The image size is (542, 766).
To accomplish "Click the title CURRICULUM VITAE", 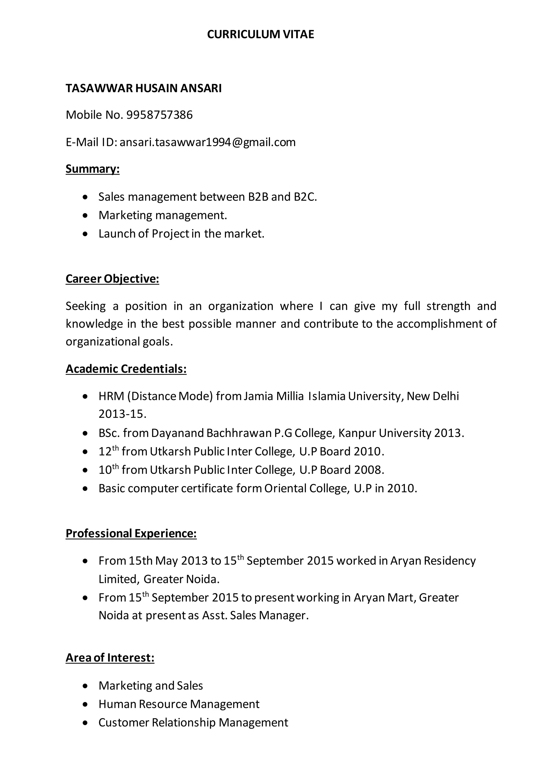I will point(260,34).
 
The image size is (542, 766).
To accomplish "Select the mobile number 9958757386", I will point(160,115).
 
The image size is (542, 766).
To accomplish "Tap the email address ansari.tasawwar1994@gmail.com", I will point(207,143).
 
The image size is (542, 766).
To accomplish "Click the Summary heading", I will point(92,169).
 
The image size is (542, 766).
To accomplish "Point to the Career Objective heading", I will point(112,279).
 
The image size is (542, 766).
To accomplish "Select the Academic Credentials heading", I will point(126,369).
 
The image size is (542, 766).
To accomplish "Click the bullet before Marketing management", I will point(86,216).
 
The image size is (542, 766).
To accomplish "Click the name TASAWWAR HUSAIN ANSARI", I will point(143,88).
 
